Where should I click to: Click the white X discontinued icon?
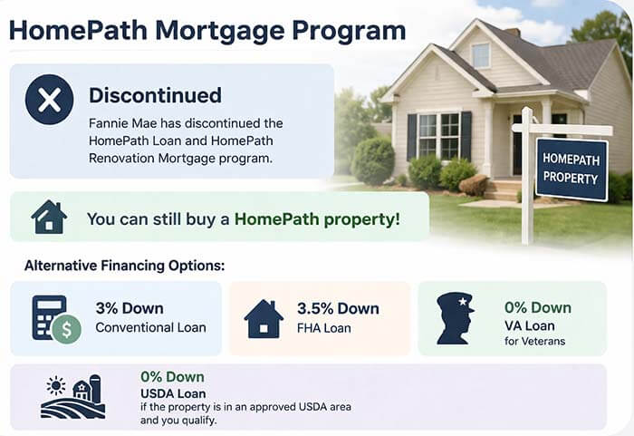[x=49, y=100]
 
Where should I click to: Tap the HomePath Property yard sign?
[x=571, y=169]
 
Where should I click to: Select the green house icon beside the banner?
[x=49, y=218]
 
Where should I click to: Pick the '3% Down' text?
[x=130, y=308]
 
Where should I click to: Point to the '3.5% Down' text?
[x=336, y=308]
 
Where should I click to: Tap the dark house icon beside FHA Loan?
[x=264, y=318]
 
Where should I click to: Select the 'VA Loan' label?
[x=530, y=325]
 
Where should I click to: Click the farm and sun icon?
[x=73, y=396]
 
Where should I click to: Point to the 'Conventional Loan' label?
[x=150, y=327]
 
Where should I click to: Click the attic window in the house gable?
[x=480, y=55]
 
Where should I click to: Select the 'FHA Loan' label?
[x=324, y=327]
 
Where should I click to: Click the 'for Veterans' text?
[x=534, y=341]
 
